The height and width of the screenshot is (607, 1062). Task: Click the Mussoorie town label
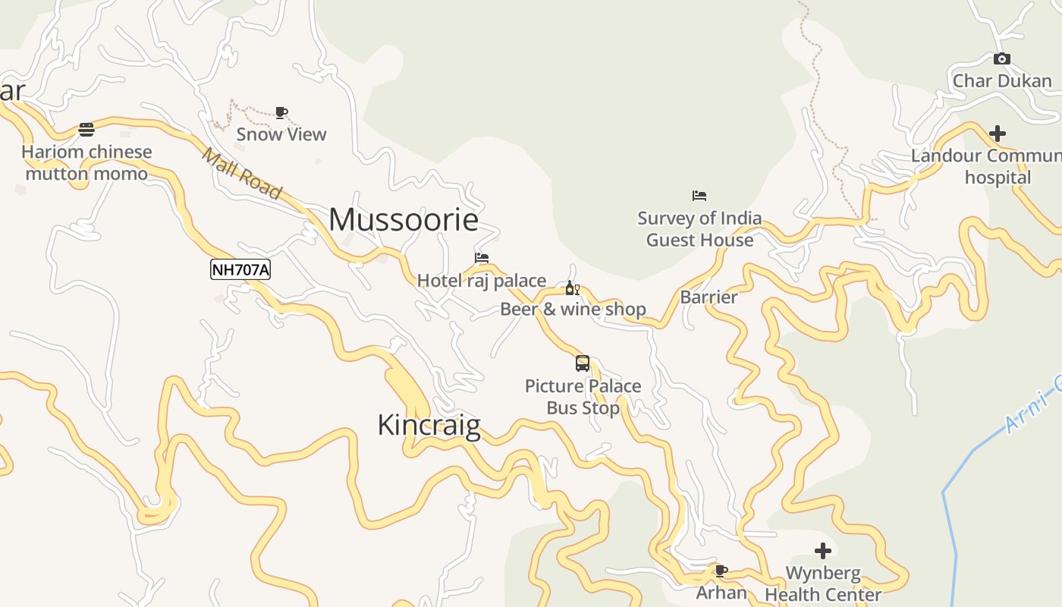coord(404,220)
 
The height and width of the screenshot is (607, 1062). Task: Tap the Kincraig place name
coord(429,425)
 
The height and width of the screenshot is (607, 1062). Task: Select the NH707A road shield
coord(240,269)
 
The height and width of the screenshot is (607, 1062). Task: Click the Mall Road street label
coord(242,174)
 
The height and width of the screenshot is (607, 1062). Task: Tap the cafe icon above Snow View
coord(281,113)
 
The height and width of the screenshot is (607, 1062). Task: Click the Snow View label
coord(281,134)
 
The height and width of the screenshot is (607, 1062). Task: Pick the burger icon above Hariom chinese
coord(86,130)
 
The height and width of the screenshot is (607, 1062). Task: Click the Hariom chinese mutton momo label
coord(86,162)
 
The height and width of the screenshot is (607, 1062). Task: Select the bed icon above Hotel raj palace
coord(482,258)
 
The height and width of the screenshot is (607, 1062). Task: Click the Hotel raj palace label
coord(482,281)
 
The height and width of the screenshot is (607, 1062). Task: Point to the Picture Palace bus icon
coord(583,363)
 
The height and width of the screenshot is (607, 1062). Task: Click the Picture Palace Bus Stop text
coord(583,397)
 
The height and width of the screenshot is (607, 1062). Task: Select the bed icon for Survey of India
coord(699,196)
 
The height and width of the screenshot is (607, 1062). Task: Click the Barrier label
coord(709,297)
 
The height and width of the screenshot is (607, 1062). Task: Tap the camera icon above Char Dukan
coord(1002,59)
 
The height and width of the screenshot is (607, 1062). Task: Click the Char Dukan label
coord(1002,81)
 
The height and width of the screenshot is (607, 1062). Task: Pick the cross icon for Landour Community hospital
coord(998,134)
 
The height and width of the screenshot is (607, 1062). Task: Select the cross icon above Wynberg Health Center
coord(823,551)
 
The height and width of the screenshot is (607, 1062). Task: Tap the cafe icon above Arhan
coord(721,571)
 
